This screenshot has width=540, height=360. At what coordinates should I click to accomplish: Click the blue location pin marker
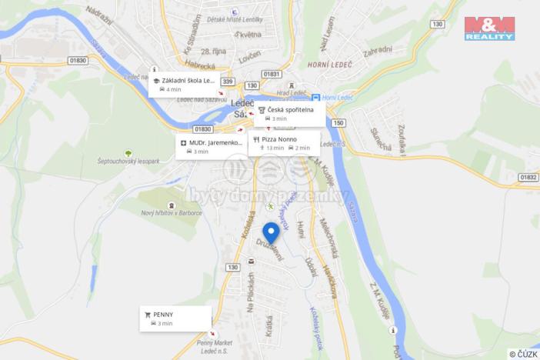(271, 232)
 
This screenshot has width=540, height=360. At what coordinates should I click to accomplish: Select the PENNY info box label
(163, 315)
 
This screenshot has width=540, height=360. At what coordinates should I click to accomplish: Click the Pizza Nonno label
(279, 139)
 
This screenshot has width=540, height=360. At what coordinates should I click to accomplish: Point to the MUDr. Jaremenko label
(211, 143)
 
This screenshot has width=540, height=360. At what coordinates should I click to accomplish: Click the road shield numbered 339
(227, 82)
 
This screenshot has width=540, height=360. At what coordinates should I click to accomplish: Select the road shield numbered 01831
(271, 74)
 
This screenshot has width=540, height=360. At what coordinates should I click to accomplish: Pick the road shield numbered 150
(339, 122)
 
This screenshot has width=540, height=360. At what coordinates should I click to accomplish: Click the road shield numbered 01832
(528, 177)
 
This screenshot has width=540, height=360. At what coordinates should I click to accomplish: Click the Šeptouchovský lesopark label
(128, 162)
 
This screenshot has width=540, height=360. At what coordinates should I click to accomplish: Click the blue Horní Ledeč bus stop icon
(315, 98)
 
